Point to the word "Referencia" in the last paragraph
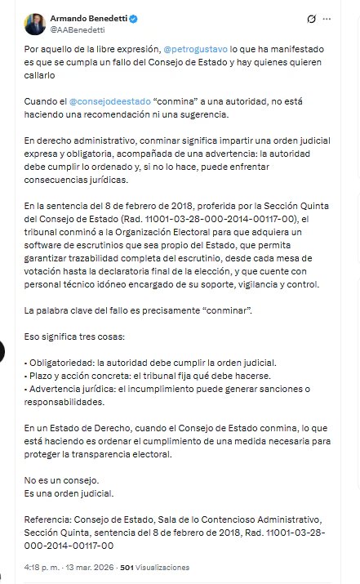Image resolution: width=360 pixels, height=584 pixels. (x=48, y=519)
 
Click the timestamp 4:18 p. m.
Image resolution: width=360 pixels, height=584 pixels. (x=41, y=567)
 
